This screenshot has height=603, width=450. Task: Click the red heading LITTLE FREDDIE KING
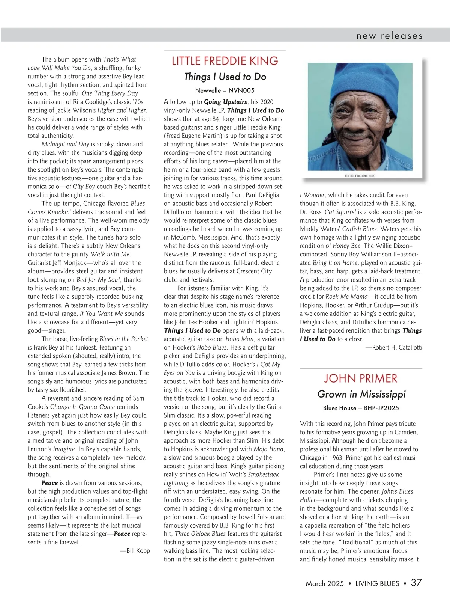(225, 61)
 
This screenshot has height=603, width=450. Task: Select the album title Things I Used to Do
(225, 77)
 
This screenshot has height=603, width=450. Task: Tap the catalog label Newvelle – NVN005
(225, 90)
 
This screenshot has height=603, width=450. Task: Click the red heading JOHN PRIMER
(361, 378)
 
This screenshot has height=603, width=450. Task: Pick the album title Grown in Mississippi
(361, 394)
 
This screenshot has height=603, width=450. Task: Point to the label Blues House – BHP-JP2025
(361, 408)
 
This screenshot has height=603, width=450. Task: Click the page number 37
(416, 583)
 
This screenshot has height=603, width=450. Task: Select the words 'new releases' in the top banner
(389, 36)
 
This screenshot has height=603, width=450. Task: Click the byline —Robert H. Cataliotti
(394, 348)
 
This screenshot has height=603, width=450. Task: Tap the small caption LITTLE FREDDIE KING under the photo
(360, 176)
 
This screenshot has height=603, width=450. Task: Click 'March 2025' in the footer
(325, 583)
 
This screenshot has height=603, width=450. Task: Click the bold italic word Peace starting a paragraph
(49, 483)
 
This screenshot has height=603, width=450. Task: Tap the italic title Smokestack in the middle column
(264, 475)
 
